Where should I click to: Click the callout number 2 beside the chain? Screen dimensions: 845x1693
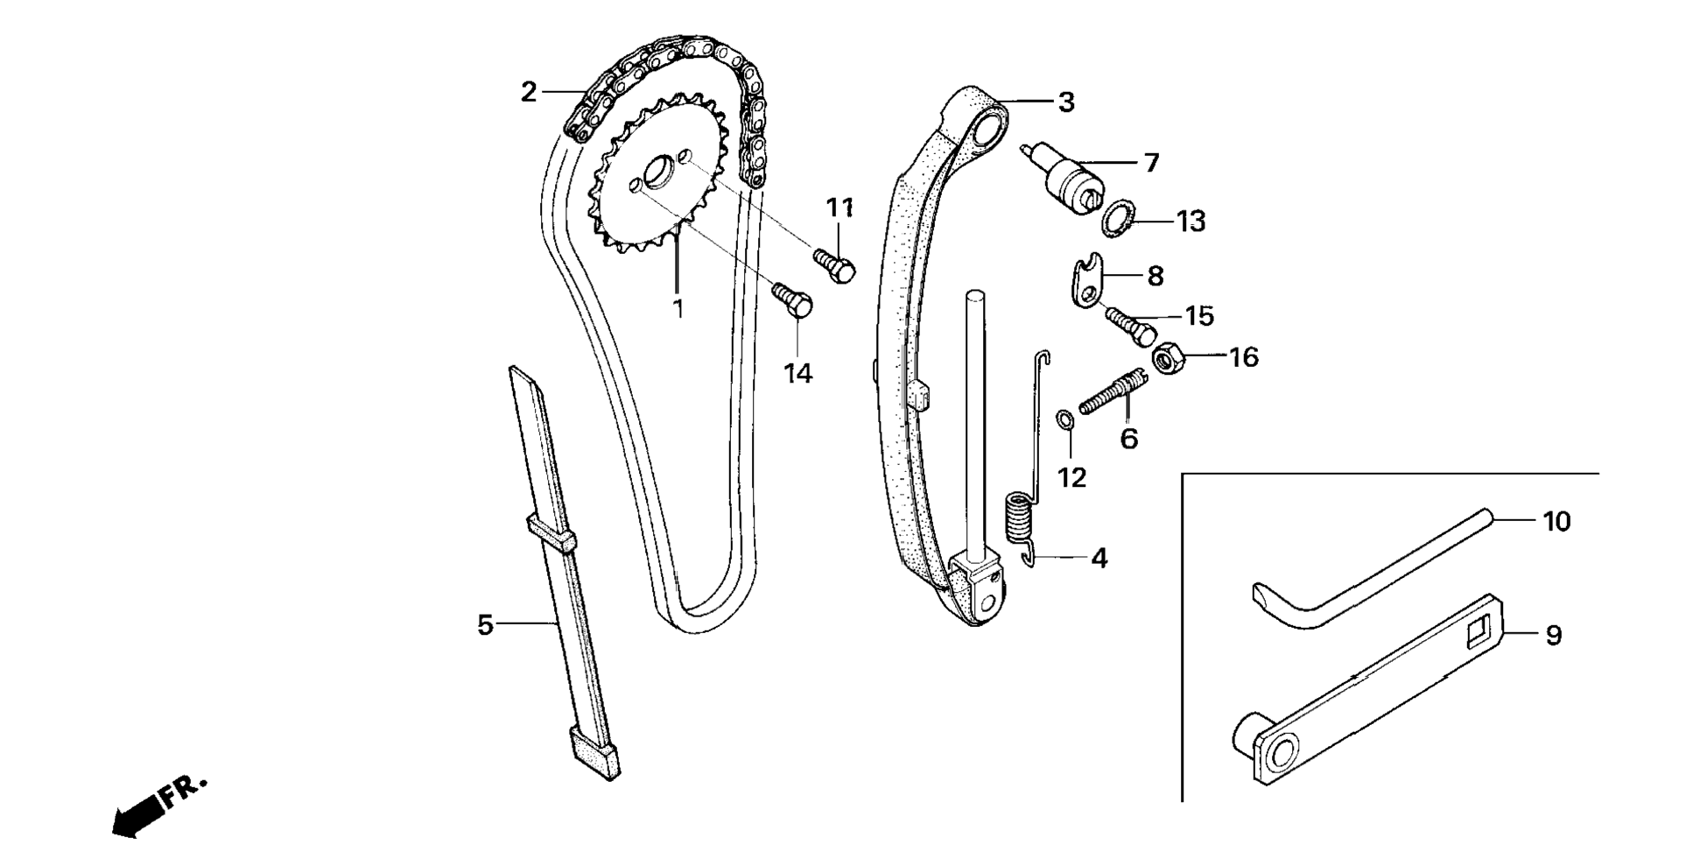528,92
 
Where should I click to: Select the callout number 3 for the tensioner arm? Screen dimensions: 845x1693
1065,102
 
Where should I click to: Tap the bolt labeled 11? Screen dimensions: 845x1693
834,264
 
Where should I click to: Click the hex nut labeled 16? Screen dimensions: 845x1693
1165,358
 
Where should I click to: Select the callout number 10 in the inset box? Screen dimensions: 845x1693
1556,522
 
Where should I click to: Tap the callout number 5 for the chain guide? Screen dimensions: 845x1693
485,625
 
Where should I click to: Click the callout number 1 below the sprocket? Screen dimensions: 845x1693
678,308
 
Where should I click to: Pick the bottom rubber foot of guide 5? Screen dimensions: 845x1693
595,756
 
